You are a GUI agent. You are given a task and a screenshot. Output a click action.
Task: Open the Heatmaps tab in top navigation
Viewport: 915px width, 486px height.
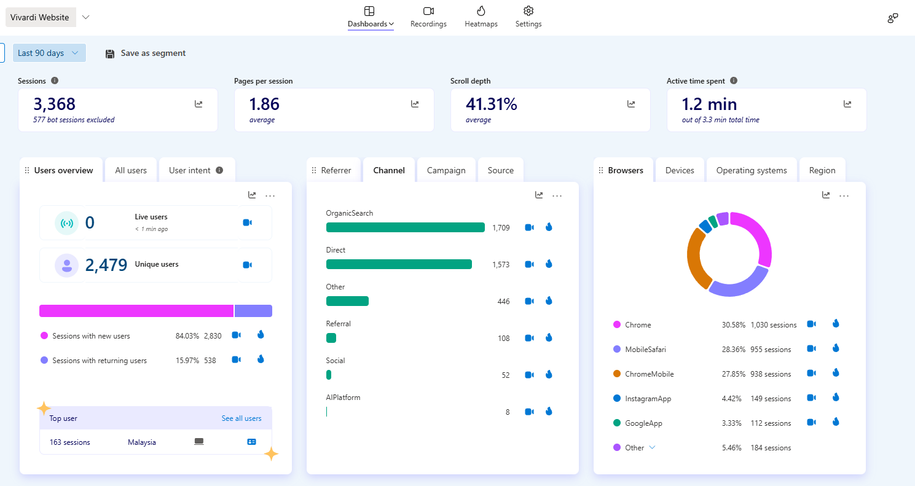pos(481,17)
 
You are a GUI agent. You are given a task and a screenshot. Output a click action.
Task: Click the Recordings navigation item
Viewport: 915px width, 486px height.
pos(428,17)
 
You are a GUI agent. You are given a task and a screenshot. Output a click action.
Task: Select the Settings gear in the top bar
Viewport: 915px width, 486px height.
pos(528,17)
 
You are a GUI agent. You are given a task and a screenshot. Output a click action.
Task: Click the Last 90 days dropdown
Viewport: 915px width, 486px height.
pos(49,53)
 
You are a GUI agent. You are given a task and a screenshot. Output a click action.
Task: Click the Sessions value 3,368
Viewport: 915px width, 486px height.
pos(55,104)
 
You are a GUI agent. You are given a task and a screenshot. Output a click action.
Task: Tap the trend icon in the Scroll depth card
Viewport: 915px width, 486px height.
pos(631,104)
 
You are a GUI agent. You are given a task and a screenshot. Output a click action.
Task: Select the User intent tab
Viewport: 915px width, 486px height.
pos(196,170)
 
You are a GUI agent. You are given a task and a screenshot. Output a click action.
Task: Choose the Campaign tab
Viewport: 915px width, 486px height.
pos(446,170)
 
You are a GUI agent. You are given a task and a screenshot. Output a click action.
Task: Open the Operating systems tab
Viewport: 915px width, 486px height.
pos(751,170)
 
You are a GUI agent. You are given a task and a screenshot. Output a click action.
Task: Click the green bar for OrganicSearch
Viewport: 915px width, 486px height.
pos(405,227)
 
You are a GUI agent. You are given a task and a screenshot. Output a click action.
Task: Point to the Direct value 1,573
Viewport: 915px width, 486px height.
pos(500,264)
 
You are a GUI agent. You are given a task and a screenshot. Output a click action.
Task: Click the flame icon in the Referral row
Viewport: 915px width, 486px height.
pos(549,337)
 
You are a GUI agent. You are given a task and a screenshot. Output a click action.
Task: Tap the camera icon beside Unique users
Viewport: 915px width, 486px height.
pos(247,265)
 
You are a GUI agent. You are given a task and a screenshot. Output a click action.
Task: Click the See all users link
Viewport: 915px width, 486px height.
pos(242,418)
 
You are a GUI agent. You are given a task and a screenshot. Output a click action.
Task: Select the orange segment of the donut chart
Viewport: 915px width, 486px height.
pos(695,258)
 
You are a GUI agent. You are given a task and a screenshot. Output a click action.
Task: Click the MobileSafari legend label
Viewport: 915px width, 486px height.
pos(645,350)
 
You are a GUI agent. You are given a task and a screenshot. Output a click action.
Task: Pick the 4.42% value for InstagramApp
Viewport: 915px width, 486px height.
pos(731,399)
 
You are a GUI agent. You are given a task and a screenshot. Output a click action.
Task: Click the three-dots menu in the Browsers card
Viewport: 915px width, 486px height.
pos(844,195)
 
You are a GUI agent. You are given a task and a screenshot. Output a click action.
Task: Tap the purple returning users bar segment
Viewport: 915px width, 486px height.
pos(253,311)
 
